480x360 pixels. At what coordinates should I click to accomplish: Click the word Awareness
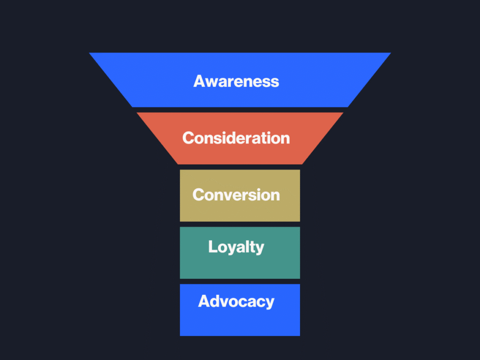tap(236, 81)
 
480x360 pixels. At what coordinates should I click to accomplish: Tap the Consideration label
tap(236, 138)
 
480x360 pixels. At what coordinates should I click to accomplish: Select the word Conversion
tap(236, 195)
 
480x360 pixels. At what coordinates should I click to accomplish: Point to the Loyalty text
tap(236, 247)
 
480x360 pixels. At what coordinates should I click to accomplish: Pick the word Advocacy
tap(236, 301)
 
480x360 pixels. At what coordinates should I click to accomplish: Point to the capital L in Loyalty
tap(212, 247)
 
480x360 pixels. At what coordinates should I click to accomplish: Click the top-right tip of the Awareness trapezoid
tap(390, 53)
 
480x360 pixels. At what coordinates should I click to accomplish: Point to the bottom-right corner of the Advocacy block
tap(299, 335)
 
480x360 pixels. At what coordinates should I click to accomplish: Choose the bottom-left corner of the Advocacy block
tap(180, 335)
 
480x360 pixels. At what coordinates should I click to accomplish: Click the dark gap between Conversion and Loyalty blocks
tap(240, 224)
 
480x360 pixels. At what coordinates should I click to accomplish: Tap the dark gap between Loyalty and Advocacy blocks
tap(240, 281)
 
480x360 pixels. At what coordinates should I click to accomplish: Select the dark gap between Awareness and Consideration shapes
tap(240, 110)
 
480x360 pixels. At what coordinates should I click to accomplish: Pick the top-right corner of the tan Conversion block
tap(299, 171)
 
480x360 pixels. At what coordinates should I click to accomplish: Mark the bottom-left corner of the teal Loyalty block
tap(180, 278)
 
